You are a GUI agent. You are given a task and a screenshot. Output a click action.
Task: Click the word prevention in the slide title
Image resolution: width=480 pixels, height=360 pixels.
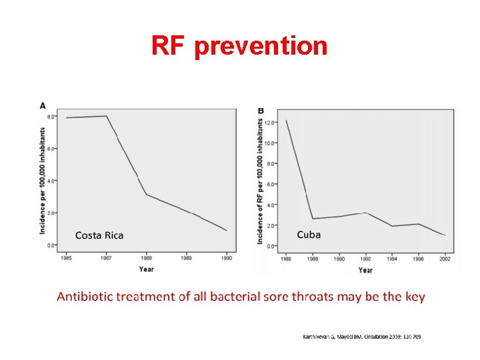[x=261, y=46]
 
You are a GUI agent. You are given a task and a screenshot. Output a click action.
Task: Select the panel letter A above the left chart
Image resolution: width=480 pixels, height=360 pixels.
[x=43, y=105]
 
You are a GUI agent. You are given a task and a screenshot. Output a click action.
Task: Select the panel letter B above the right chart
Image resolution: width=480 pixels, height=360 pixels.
[x=261, y=110]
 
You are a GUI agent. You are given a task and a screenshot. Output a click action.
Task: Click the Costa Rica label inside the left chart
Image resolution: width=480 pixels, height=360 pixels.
[x=99, y=235]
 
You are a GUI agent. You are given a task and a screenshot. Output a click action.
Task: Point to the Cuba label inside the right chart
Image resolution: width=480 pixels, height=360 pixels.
[x=309, y=234]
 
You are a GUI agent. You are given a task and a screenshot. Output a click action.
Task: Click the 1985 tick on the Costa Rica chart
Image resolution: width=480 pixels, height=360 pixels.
[x=67, y=257]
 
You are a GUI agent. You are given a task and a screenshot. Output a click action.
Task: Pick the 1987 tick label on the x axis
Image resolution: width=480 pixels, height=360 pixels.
[x=107, y=257]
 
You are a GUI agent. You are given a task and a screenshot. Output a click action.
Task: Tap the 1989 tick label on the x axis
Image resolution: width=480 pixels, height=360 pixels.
[x=187, y=257]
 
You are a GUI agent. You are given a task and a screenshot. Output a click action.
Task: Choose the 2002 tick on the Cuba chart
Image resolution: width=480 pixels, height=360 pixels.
[x=445, y=258]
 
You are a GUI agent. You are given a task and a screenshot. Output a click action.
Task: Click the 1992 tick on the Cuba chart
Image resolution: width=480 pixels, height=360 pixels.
[x=365, y=258]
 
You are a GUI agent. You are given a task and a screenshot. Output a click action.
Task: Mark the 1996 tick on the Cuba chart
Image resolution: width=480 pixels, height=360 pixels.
[x=419, y=258]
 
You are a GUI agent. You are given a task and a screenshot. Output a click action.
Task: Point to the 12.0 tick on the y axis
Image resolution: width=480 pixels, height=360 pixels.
[x=269, y=123]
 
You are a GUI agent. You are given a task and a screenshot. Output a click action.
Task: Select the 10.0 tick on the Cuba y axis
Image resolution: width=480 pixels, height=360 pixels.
[x=269, y=143]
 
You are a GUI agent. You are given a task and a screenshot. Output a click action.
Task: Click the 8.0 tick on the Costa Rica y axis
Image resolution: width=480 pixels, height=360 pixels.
[x=51, y=117]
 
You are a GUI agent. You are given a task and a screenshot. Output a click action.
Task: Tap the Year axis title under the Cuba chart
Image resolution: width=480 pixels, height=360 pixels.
[x=365, y=270]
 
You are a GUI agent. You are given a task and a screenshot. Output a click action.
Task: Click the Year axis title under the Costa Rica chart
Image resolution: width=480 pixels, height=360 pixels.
[x=147, y=269]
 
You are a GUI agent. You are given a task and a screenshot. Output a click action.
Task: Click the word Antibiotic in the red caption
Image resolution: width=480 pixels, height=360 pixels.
[x=85, y=297]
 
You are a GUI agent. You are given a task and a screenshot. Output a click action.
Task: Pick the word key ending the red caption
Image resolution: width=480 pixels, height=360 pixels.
[x=415, y=297]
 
